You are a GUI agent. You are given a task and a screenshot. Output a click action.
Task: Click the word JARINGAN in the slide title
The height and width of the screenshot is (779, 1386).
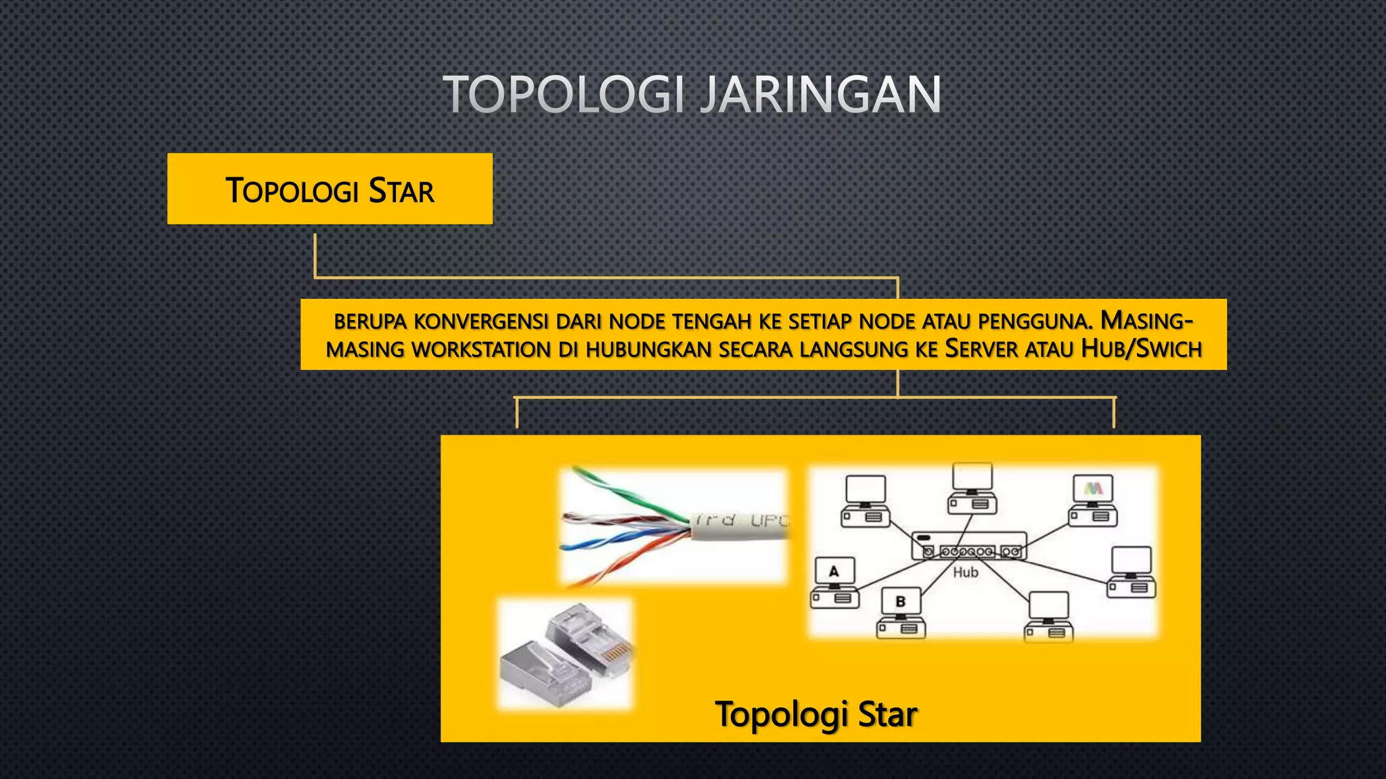(x=820, y=95)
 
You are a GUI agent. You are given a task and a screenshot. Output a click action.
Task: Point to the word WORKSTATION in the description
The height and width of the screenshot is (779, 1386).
(x=481, y=350)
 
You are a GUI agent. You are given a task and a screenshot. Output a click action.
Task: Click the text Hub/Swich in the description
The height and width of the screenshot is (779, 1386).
(x=1141, y=349)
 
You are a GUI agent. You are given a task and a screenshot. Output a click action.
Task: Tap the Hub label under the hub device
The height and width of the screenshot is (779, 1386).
(x=966, y=573)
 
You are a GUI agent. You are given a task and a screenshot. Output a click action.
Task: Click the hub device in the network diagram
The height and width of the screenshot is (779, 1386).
(x=968, y=546)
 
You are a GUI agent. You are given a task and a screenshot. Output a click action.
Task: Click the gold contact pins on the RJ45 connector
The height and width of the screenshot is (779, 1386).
(x=617, y=653)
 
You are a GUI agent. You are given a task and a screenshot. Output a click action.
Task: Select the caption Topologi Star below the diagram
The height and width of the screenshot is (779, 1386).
(x=815, y=714)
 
